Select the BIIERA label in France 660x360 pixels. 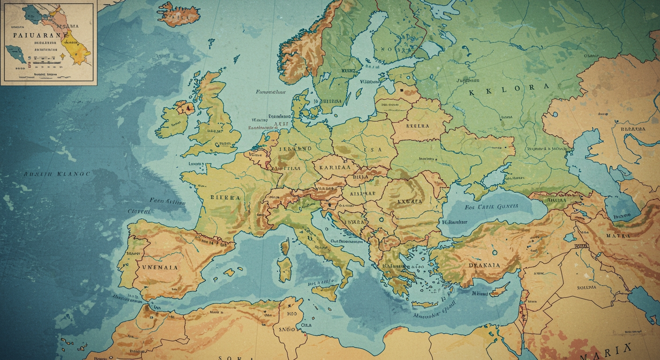coord(225,198)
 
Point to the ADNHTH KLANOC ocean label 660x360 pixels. coord(57,174)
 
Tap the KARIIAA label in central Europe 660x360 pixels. coord(335,167)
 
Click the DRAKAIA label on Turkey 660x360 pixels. coord(484,265)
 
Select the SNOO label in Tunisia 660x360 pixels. coord(286,330)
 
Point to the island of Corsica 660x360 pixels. coord(285,247)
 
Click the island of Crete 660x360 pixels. coord(424,304)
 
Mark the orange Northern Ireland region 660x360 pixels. coord(184,108)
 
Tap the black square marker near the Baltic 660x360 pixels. coord(401,87)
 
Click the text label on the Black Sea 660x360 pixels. coord(491,206)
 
